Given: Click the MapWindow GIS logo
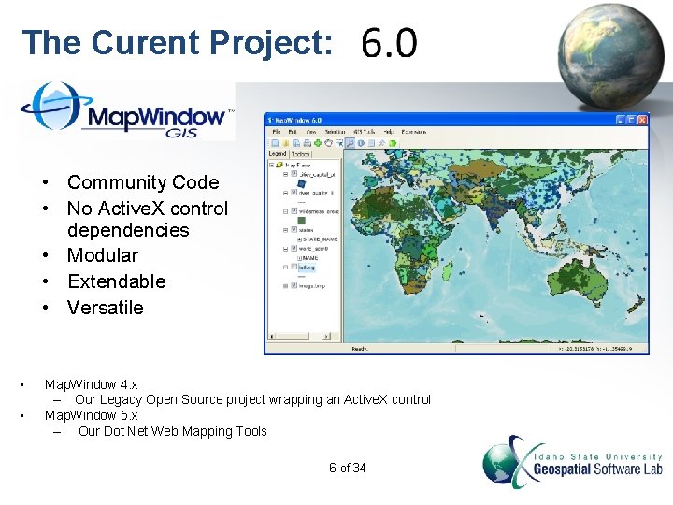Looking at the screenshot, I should pyautogui.click(x=127, y=111).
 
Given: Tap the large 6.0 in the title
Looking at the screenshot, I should pyautogui.click(x=389, y=43).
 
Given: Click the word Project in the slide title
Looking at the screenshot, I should pyautogui.click(x=270, y=43).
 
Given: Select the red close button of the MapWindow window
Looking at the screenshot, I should pyautogui.click(x=643, y=120).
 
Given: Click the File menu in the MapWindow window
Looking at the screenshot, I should pyautogui.click(x=277, y=132).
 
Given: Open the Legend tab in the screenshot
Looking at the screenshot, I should pyautogui.click(x=278, y=154).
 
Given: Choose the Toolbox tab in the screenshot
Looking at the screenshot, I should pyautogui.click(x=300, y=154).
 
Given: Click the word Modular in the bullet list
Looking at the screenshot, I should pyautogui.click(x=103, y=255).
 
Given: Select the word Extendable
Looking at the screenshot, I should pyautogui.click(x=116, y=281).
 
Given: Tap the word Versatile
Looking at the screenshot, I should pyautogui.click(x=106, y=308).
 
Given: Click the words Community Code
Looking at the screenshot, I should pyautogui.click(x=142, y=182).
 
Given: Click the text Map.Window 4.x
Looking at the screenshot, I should pyautogui.click(x=92, y=384).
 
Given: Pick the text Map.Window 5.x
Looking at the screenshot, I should pyautogui.click(x=92, y=415).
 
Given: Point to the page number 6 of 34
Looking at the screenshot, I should pyautogui.click(x=348, y=468).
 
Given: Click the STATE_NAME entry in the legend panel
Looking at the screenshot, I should pyautogui.click(x=318, y=239).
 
